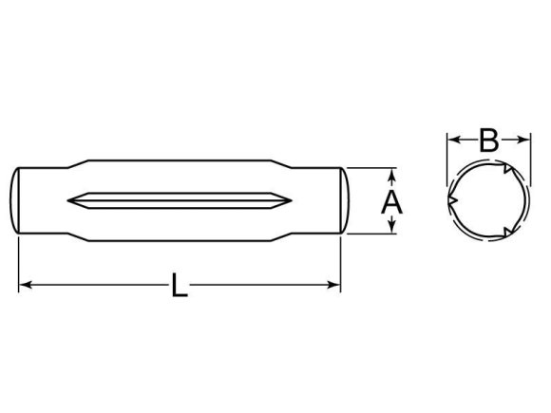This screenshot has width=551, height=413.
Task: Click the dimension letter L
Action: click(x=179, y=285)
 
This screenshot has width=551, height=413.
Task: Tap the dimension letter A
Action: click(x=391, y=201)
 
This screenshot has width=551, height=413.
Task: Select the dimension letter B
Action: click(x=488, y=141)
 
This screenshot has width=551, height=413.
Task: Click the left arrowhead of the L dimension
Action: click(x=25, y=284)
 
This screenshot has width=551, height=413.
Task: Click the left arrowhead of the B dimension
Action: click(x=452, y=141)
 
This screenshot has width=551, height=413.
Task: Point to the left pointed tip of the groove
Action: click(x=69, y=200)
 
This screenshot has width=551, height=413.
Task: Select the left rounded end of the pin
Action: click(x=17, y=200)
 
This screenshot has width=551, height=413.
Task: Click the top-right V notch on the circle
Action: click(x=509, y=171)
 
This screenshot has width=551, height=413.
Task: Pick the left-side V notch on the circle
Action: click(x=451, y=201)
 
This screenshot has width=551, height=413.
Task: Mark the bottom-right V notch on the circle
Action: click(x=509, y=231)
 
